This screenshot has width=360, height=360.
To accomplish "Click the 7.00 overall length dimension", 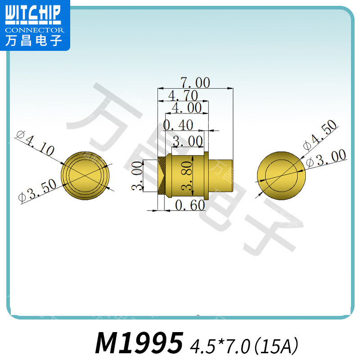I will click(195, 83).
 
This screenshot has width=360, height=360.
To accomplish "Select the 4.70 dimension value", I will click(182, 95).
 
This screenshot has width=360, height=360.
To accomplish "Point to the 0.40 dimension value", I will click(178, 125).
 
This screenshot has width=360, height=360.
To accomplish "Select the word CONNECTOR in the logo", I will click(35, 30).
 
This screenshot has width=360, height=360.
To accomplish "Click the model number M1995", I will click(139, 343).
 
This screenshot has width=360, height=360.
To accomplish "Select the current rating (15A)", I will click(277, 346).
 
